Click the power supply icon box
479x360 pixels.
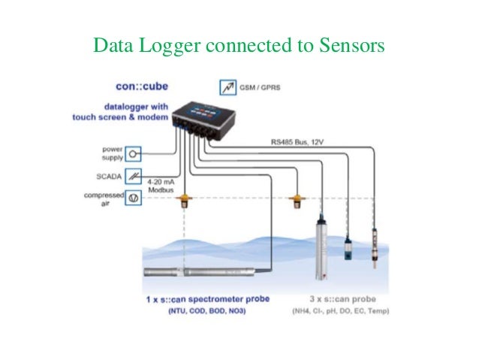tap(134, 153)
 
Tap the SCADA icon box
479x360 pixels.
tap(134, 176)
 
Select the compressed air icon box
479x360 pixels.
tap(134, 199)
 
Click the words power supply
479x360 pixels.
tap(104, 153)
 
